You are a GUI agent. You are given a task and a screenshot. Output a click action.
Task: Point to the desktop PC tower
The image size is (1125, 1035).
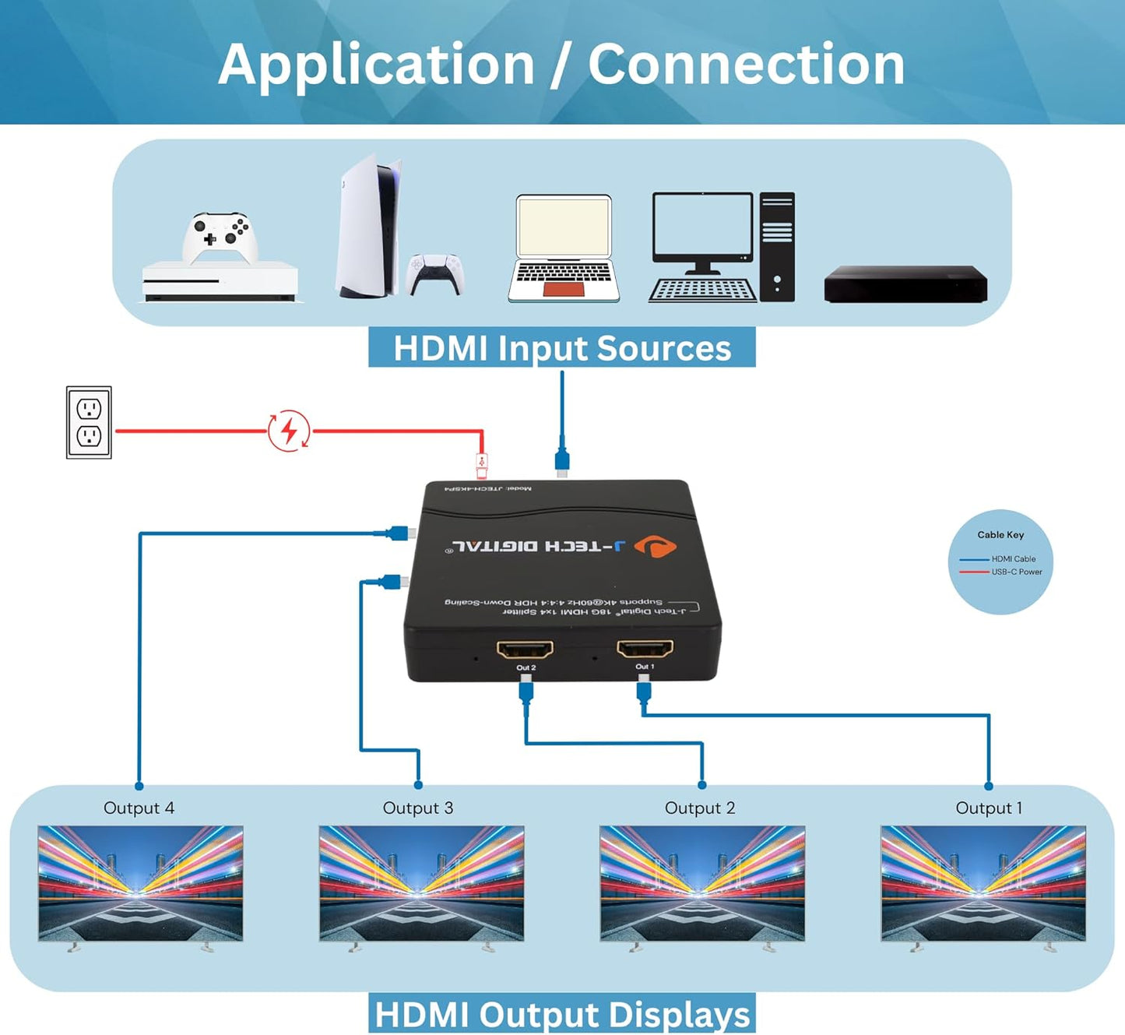(x=777, y=246)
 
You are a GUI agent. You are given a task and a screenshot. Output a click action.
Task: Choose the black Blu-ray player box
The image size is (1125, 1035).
(x=905, y=284)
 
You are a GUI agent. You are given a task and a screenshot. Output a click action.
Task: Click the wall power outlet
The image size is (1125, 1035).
(x=89, y=422)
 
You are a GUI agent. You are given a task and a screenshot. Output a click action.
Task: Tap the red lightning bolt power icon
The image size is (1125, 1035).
(x=289, y=431)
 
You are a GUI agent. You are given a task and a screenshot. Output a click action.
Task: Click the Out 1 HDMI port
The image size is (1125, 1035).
(x=645, y=648)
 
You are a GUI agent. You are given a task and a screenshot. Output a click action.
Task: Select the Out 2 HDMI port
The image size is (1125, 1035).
(x=526, y=649)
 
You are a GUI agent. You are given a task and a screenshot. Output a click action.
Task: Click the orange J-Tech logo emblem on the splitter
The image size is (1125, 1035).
(x=656, y=547)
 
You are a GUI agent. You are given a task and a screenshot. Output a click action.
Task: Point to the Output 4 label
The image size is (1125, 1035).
(x=139, y=808)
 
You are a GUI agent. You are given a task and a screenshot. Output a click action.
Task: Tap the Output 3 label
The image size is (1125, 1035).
(x=418, y=808)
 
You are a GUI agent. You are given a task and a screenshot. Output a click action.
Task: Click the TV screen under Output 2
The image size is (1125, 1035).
(x=701, y=883)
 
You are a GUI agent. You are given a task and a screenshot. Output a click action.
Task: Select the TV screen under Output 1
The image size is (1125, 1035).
(x=983, y=883)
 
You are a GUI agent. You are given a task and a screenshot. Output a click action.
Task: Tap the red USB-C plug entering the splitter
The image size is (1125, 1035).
(x=482, y=466)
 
